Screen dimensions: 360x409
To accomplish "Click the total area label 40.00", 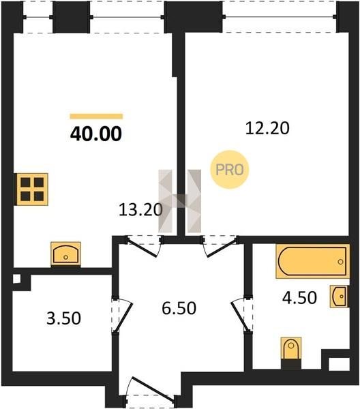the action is click(x=96, y=134).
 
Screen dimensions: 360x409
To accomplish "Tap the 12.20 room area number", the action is click(x=267, y=128).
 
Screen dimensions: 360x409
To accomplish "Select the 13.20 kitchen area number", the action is click(x=140, y=210).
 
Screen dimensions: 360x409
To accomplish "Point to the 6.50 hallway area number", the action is click(x=179, y=308).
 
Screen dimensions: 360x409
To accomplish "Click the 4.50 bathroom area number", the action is click(x=299, y=298).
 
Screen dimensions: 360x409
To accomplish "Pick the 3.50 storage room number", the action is click(x=63, y=318).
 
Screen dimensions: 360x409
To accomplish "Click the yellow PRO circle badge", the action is click(x=230, y=170).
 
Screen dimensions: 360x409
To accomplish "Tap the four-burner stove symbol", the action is click(x=32, y=189).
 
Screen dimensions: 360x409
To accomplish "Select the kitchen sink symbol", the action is click(x=65, y=254).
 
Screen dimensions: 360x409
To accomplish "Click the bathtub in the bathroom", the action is click(x=312, y=261).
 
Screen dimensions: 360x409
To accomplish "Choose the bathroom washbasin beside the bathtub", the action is click(x=339, y=297).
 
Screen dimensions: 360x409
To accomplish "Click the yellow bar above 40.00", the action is click(x=96, y=117).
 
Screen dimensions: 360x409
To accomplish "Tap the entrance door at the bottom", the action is click(x=151, y=389).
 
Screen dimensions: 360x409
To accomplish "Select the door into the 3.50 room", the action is click(x=122, y=315).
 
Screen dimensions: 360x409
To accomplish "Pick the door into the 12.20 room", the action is click(x=220, y=247).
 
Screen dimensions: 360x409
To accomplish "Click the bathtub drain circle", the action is click(x=340, y=262).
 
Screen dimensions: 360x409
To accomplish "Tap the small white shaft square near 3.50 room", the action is click(x=16, y=279).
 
